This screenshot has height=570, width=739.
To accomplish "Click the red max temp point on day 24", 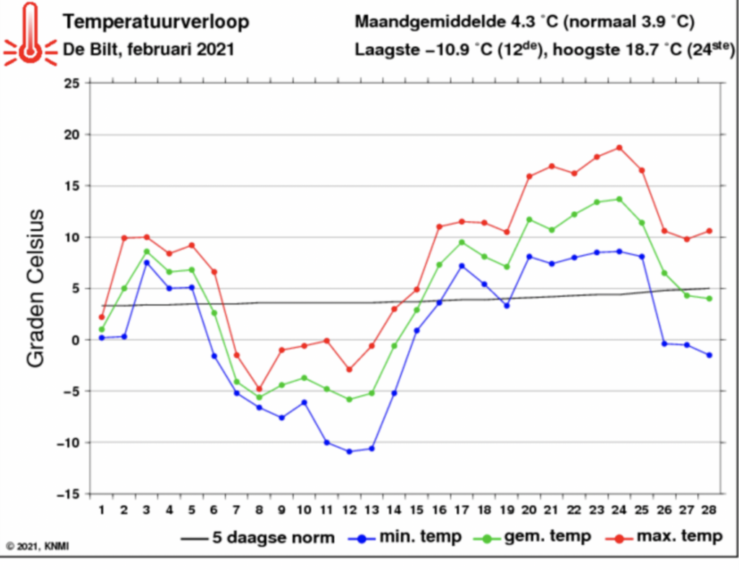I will [x=619, y=148].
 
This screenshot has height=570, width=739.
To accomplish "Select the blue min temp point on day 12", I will [x=349, y=452].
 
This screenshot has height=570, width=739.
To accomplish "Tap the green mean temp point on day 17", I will [x=462, y=242].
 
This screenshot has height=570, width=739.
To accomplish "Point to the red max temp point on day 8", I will [x=259, y=389].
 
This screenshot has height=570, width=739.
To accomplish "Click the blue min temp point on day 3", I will [x=147, y=262].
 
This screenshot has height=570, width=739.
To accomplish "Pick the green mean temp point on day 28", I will [x=709, y=298].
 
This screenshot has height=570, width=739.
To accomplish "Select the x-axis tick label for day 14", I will [x=394, y=510].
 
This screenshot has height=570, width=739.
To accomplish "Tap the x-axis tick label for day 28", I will [x=709, y=510].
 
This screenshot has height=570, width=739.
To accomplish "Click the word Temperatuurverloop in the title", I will [x=155, y=22].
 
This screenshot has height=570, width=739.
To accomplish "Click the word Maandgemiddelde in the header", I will [x=430, y=22].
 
